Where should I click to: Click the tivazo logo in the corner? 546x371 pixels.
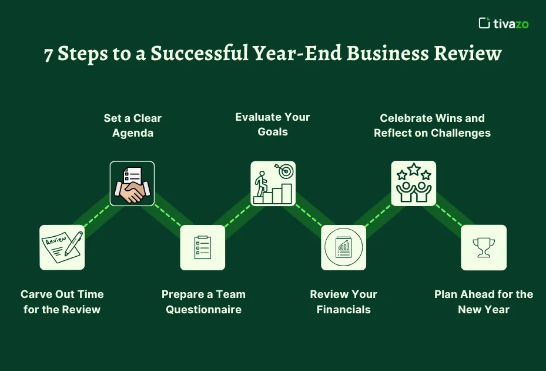click(x=504, y=23)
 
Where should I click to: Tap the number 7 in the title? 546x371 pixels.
click(x=49, y=54)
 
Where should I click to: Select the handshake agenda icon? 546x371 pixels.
click(x=132, y=183)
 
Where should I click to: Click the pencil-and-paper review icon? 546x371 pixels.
click(x=62, y=247)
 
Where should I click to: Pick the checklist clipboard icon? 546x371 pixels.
click(x=202, y=247)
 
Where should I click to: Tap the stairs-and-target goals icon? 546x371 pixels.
click(x=273, y=183)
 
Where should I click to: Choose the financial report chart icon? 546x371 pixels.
click(x=343, y=247)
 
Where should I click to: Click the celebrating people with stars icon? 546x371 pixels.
click(x=414, y=183)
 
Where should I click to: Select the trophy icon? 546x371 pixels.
click(x=484, y=247)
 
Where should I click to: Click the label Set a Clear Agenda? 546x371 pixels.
click(x=132, y=125)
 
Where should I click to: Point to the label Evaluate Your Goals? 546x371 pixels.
click(x=273, y=124)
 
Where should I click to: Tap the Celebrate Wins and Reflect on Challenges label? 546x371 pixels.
click(x=432, y=125)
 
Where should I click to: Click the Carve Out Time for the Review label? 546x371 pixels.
click(x=62, y=302)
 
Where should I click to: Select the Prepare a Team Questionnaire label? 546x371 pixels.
click(x=203, y=302)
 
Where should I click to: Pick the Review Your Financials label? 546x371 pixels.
click(x=343, y=302)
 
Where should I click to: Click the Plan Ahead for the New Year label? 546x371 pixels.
click(x=484, y=302)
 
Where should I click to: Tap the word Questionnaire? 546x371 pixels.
click(x=203, y=310)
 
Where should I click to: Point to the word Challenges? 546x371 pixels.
click(x=461, y=133)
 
